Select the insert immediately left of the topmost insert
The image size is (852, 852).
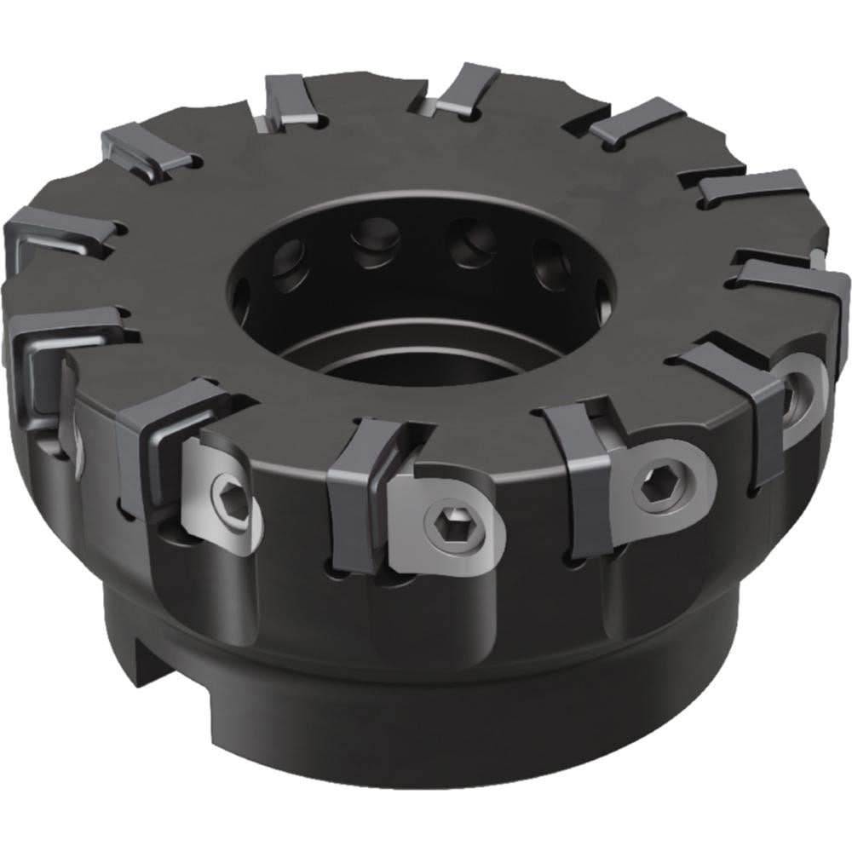click(290, 98)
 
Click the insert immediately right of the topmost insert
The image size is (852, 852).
click(635, 119)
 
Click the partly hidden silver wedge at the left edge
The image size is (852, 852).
click(73, 443)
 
